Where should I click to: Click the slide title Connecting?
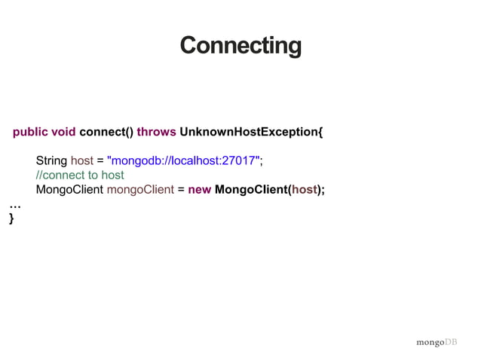240,45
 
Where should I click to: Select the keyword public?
30,133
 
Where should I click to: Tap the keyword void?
63,133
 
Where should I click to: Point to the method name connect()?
106,133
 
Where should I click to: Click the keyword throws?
157,133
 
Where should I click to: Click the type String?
51,161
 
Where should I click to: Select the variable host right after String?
82,161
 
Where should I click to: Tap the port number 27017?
240,161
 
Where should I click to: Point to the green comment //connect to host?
80,175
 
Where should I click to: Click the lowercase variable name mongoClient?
140,190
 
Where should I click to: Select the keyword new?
200,190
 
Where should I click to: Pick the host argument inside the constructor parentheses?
305,190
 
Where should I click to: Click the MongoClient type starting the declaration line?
69,190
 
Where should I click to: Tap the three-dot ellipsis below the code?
14,205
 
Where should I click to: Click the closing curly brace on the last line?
11,218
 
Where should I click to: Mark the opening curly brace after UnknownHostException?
320,133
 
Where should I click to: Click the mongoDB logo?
437,343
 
